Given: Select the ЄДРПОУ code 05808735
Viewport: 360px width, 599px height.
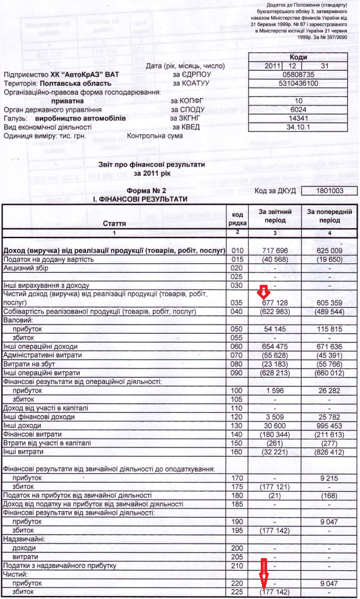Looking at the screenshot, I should coord(298,75).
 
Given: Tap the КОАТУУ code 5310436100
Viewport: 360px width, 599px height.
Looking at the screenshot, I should coord(298,84).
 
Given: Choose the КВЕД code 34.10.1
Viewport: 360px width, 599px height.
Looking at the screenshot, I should coord(298,127).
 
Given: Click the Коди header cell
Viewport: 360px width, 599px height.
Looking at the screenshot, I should coord(298,57).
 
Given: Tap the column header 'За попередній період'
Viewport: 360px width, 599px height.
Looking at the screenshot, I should coord(329,216).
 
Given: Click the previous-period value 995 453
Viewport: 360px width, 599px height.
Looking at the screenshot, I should coord(329,424).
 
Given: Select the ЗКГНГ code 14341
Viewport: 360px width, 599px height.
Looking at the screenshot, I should coord(298,118).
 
